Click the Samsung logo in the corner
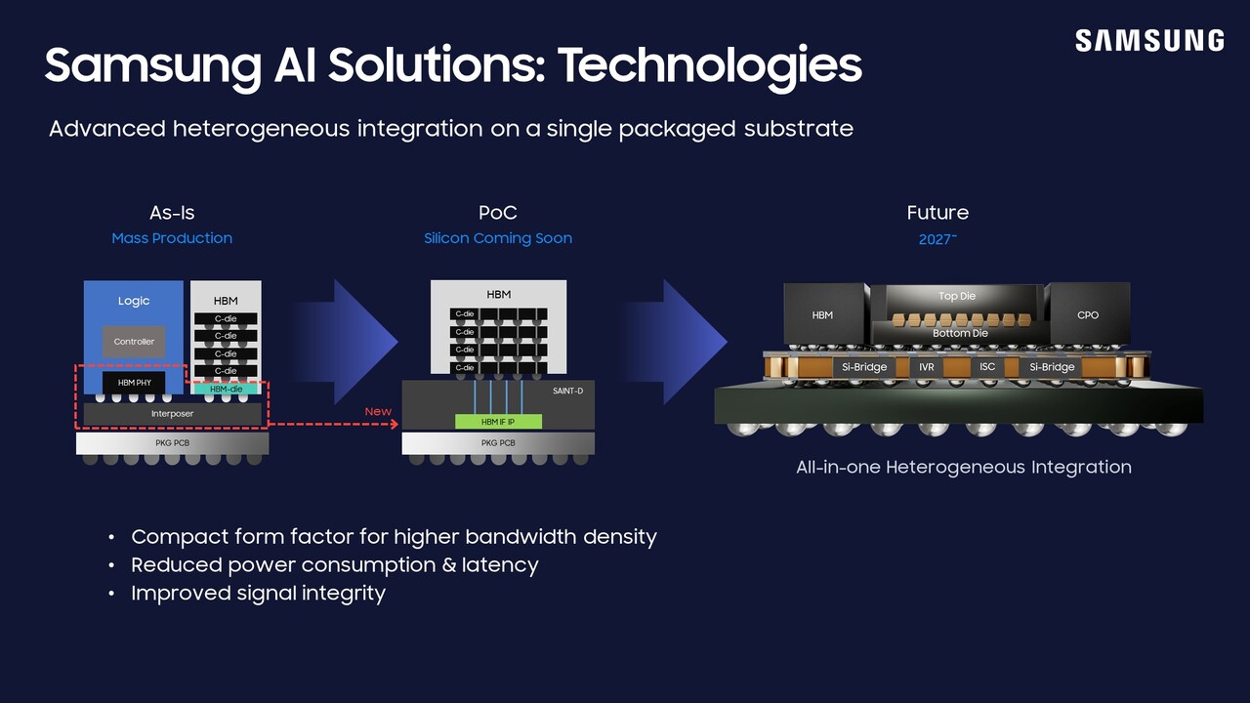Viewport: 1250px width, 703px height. [x=1149, y=40]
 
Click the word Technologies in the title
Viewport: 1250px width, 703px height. [x=710, y=64]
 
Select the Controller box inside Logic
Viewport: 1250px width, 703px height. [x=134, y=342]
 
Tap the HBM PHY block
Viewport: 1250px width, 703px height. [x=134, y=383]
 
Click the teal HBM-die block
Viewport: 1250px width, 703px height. [x=226, y=389]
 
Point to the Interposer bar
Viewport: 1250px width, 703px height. [x=172, y=414]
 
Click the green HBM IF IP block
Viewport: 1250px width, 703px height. [x=498, y=421]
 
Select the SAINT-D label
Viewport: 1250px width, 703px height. [x=567, y=391]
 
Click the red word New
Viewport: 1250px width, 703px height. [x=378, y=411]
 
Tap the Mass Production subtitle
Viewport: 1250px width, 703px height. [x=172, y=238]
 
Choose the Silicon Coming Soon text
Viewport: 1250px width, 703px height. [x=498, y=238]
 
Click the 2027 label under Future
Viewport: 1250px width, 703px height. [x=937, y=239]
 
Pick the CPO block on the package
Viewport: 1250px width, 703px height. [x=1088, y=314]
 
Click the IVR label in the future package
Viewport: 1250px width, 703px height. [x=927, y=367]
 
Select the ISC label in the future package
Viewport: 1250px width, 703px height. [x=987, y=367]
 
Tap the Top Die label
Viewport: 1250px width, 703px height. [x=956, y=296]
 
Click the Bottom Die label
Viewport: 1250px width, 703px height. [x=960, y=333]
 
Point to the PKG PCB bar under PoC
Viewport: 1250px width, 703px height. [x=498, y=443]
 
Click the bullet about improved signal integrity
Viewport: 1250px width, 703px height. [x=258, y=594]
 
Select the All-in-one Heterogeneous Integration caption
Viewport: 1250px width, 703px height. [x=963, y=467]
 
